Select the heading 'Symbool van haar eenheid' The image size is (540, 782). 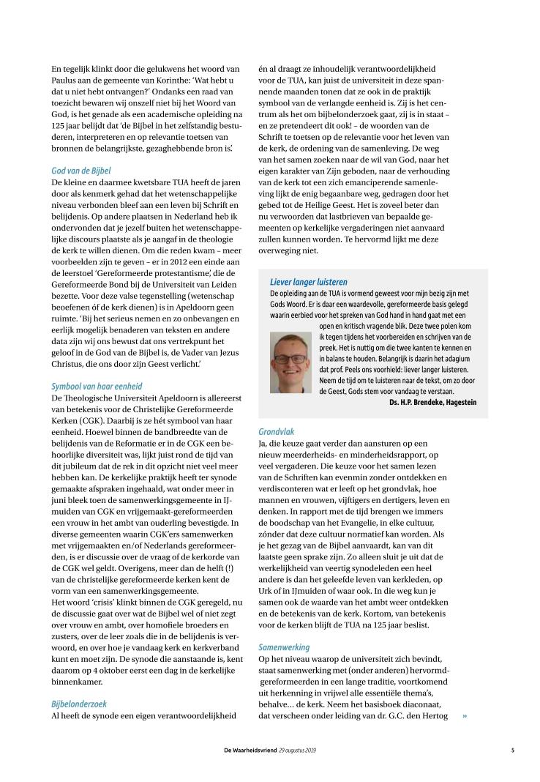[97, 386]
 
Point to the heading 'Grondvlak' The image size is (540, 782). [277, 432]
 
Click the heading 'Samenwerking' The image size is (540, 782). [284, 647]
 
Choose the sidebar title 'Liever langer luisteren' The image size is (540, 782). [308, 282]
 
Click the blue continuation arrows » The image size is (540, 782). [464, 715]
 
